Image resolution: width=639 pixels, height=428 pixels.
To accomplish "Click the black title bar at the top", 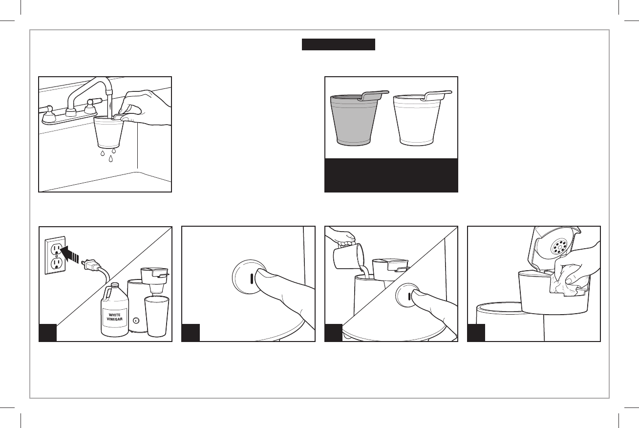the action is coord(339,44).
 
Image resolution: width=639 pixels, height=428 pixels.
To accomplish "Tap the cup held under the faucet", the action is coord(108,131).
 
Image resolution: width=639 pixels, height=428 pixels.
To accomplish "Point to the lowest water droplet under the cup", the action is coord(111,159).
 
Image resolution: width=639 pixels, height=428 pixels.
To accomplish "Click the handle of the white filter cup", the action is coord(438,95).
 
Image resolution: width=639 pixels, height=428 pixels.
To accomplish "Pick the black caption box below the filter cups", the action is coord(391,175).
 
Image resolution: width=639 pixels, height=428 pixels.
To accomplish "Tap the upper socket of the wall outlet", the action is coord(55,249).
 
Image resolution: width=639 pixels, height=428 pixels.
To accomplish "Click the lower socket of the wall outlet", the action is coord(56,264).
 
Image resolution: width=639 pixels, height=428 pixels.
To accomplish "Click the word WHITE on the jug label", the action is coord(115,315).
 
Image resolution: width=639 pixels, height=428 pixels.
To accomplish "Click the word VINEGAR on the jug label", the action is coord(115,319).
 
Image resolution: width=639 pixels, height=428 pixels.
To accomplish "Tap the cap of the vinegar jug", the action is coord(115,285).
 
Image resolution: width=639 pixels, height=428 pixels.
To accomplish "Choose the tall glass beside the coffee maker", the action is coord(157,316).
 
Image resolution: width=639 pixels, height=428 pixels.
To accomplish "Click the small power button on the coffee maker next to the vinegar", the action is coord(136,321).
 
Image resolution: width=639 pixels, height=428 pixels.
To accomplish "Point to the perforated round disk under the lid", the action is coord(559,247).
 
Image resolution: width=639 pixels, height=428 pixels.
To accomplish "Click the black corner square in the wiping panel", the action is coord(476,332).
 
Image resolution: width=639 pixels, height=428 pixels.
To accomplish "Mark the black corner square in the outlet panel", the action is coord(48,332).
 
